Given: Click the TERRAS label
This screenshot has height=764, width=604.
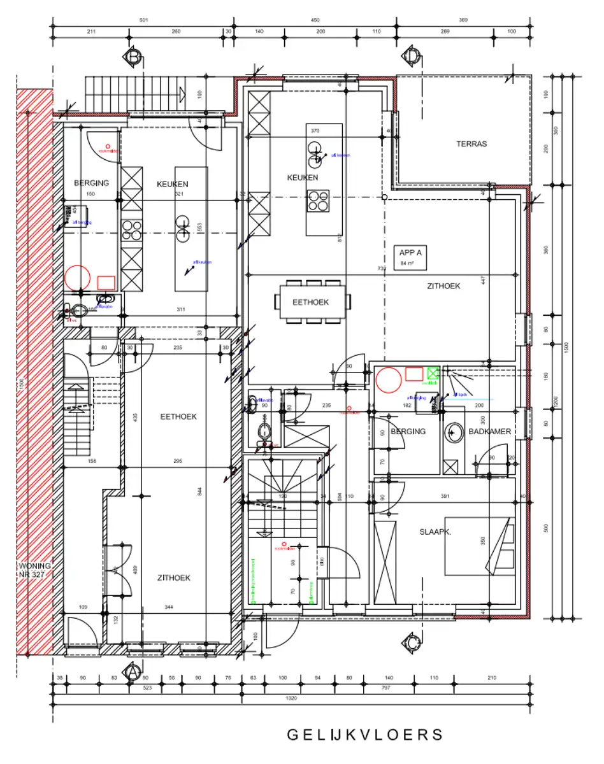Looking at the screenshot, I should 471,144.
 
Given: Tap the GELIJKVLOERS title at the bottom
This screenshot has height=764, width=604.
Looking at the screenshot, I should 364,734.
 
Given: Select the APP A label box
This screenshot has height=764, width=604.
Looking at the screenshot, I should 411,257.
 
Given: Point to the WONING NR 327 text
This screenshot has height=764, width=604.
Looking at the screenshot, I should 35,569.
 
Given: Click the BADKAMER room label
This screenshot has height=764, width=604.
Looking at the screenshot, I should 490,432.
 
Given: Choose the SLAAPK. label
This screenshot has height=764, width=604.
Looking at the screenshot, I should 435,532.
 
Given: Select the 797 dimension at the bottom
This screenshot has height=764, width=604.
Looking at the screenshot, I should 386,688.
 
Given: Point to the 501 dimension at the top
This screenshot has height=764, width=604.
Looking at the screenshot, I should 143,20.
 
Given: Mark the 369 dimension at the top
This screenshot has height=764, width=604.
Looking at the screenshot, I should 463,20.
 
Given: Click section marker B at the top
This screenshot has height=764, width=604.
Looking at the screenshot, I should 134,57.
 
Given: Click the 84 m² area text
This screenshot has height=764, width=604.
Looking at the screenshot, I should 406,262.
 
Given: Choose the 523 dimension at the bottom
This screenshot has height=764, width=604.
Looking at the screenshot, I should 148,688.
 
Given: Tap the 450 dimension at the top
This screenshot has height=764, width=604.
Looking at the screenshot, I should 315,20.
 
